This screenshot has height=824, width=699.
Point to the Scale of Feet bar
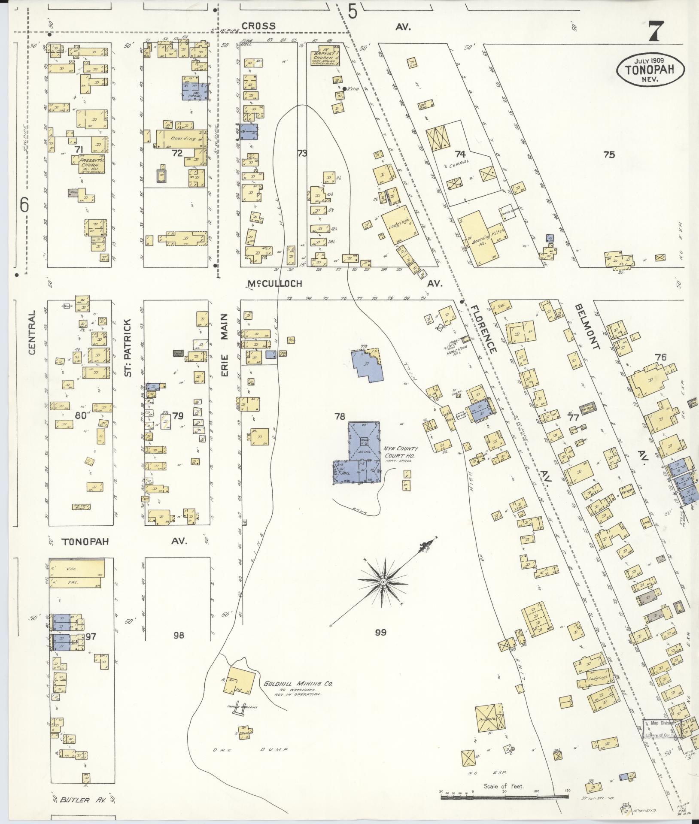pyautogui.click(x=504, y=797)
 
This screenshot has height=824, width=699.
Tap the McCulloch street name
pyautogui.click(x=275, y=284)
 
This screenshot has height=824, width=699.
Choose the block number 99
pyautogui.click(x=380, y=632)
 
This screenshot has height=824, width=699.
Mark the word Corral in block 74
pyautogui.click(x=460, y=162)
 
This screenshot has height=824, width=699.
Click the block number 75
pyautogui.click(x=609, y=155)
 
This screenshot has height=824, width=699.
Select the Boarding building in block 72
pyautogui.click(x=182, y=139)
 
